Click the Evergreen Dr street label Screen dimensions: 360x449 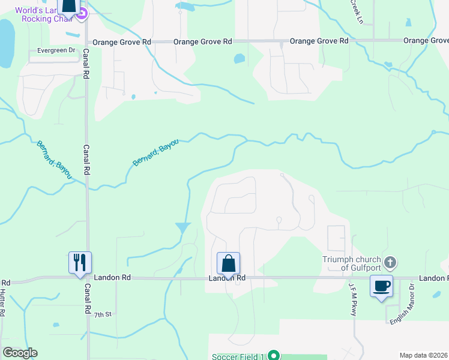click(x=56, y=50)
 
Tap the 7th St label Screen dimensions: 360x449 click(x=103, y=314)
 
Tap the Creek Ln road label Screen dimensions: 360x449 click(x=357, y=11)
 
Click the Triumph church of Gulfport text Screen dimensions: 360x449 click(x=352, y=263)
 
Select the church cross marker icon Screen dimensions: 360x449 click(x=390, y=262)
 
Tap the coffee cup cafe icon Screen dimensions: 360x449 click(x=381, y=286)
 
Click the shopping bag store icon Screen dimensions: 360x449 click(x=228, y=263)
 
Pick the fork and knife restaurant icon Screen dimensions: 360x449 click(x=80, y=262)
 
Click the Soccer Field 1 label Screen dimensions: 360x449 click(x=238, y=356)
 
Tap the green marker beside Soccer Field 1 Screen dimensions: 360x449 click(x=274, y=355)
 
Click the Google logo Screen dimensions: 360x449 click(x=20, y=353)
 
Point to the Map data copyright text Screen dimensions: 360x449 click(x=424, y=355)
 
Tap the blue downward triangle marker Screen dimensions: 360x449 click(x=183, y=228)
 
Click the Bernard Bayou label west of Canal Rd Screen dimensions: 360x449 click(x=54, y=159)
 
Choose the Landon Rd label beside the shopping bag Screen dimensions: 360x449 click(x=228, y=278)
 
